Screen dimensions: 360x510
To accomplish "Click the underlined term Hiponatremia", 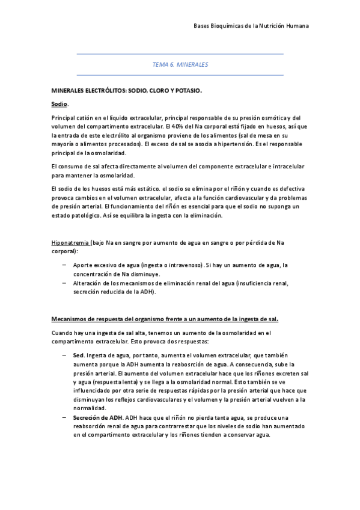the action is pos(70,242).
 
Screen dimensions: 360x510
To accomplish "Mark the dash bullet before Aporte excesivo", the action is pos(64,265).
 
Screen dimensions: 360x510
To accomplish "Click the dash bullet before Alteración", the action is pos(64,282).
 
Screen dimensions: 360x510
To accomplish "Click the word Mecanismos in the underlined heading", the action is pos(71,318).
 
